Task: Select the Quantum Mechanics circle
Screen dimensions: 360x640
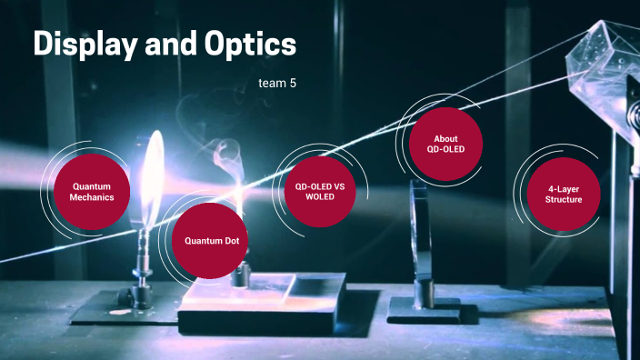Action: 92,192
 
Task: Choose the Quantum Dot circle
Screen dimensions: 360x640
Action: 212,240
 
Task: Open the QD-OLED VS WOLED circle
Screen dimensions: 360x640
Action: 320,191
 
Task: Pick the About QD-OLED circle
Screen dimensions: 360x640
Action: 445,144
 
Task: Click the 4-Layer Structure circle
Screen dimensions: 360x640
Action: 564,193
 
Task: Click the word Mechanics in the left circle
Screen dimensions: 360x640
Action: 92,197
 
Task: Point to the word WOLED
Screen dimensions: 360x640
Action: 320,197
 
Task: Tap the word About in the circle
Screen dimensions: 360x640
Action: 445,138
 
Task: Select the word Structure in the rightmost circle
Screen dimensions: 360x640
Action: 564,198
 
